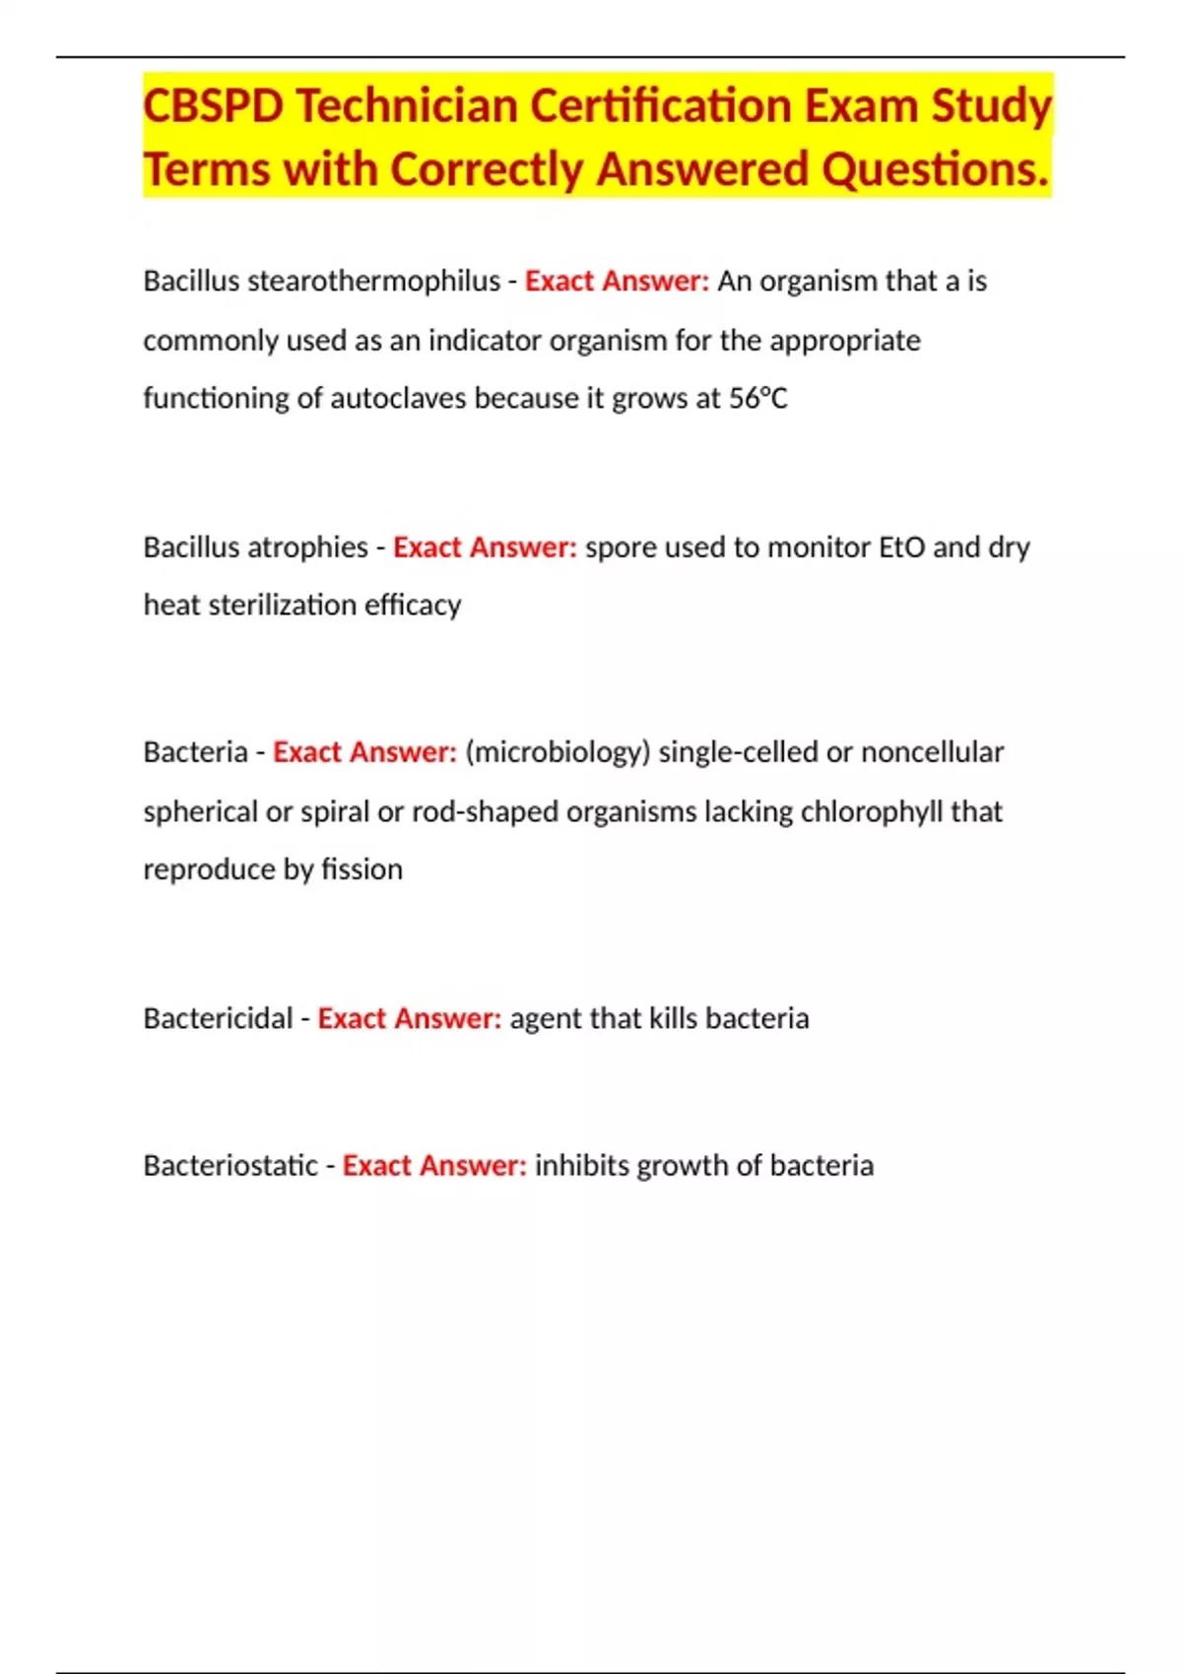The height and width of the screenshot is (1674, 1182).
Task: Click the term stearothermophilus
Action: tap(373, 282)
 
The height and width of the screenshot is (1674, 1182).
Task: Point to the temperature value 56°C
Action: tap(758, 399)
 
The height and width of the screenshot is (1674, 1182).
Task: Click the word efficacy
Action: tap(413, 605)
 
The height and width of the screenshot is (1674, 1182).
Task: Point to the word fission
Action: tap(362, 869)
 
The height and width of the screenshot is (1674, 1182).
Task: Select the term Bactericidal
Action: tap(218, 1018)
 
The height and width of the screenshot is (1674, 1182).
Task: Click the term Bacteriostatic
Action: tap(230, 1166)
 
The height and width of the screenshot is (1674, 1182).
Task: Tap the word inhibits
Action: tap(581, 1166)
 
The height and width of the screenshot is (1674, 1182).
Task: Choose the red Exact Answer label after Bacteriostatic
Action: tap(434, 1166)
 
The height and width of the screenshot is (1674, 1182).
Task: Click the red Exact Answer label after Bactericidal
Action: tap(409, 1018)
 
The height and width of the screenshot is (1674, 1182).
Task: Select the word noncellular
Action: tap(932, 752)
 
